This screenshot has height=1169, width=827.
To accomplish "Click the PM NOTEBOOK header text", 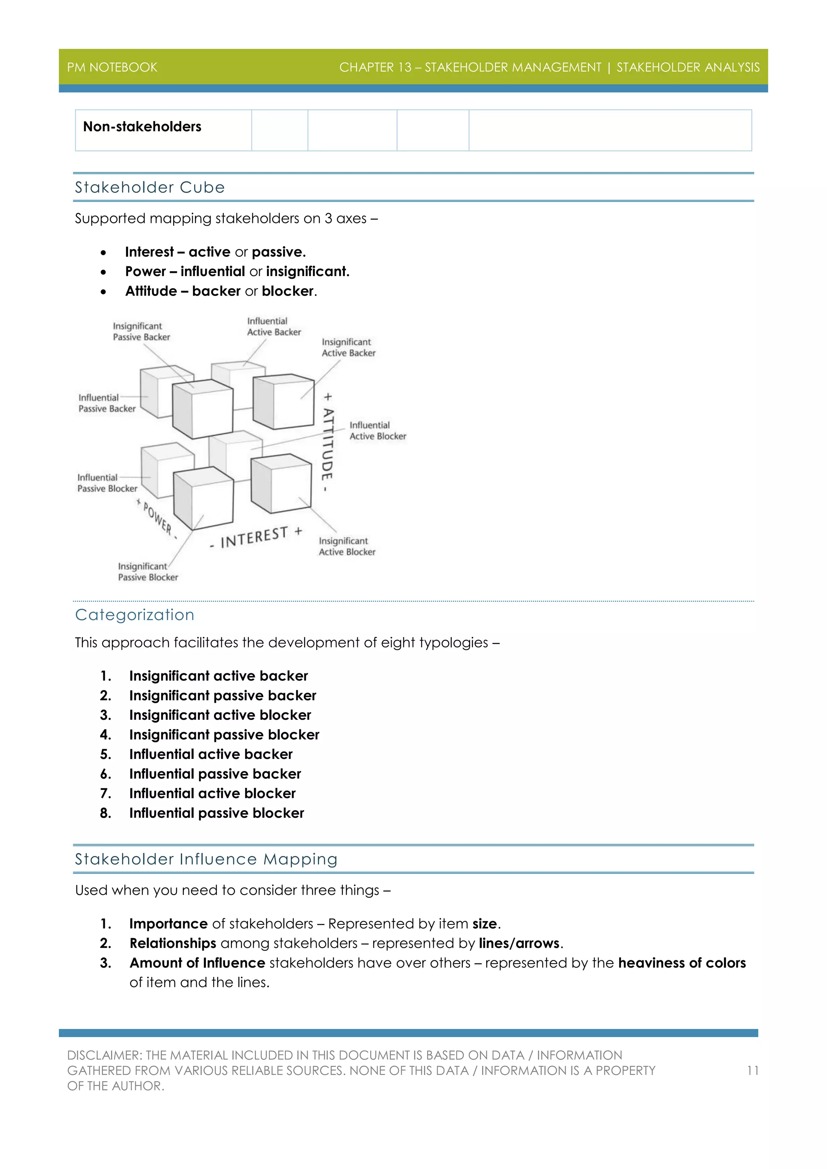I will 112,67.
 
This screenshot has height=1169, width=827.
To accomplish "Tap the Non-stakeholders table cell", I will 142,127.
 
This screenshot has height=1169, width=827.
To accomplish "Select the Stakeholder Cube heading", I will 150,187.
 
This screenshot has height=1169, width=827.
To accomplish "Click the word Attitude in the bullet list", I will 151,291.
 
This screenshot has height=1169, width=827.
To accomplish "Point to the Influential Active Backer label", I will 273,327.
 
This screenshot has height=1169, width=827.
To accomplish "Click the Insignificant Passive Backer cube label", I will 141,331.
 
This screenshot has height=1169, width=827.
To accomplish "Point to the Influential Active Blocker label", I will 377,431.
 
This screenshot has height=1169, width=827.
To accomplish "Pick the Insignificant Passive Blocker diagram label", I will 148,572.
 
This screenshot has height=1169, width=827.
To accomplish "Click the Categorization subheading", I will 134,615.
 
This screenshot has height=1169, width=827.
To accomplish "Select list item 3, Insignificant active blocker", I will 220,715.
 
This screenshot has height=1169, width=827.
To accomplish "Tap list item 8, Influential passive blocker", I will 216,813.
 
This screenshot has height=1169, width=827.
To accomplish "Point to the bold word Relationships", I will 173,943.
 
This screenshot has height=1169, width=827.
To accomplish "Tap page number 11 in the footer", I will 753,1071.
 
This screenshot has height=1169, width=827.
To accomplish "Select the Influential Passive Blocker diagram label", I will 107,483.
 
